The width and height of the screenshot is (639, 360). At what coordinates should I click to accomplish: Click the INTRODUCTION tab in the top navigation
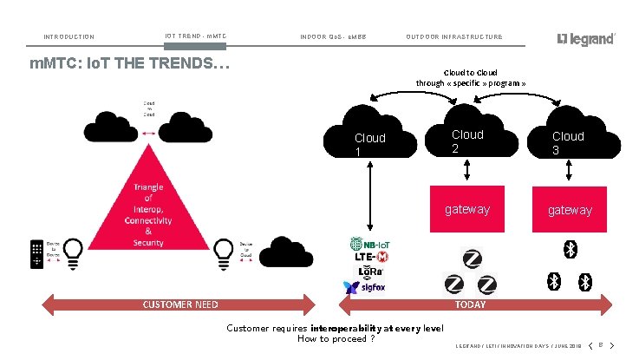point(68,37)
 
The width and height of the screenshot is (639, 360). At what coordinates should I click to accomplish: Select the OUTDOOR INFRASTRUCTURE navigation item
point(453,37)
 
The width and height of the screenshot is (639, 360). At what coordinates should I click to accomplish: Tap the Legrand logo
point(586,39)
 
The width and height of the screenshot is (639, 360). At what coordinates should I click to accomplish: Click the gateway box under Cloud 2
point(466,209)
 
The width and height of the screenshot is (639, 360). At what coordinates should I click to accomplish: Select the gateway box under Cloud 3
point(570,210)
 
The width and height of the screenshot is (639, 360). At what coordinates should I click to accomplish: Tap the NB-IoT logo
point(369,244)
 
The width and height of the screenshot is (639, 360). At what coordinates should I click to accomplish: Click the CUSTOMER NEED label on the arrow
point(179,304)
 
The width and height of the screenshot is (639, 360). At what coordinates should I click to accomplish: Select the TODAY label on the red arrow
point(471,304)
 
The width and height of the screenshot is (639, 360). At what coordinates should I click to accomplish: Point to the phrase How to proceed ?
point(336,339)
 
